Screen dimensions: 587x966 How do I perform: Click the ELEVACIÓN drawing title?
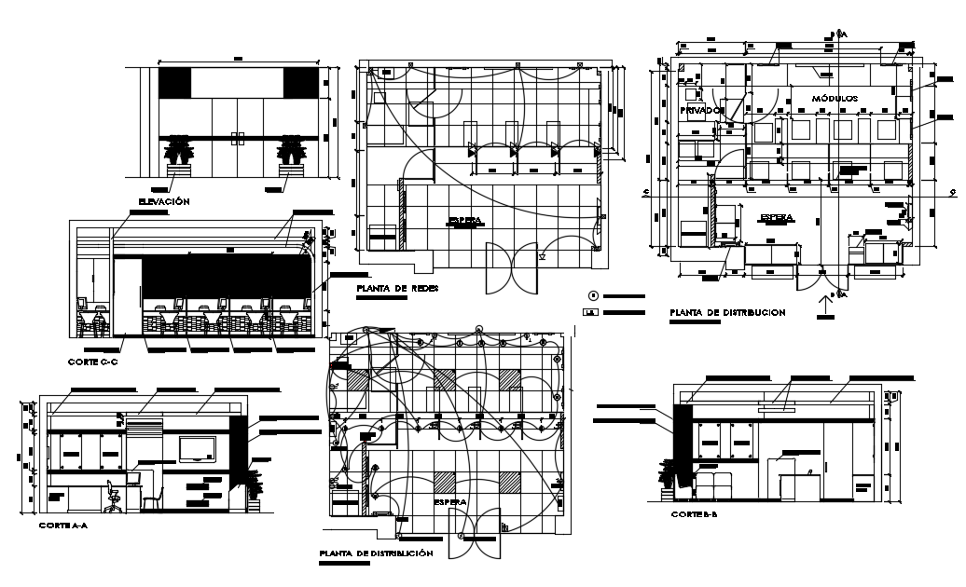pyautogui.click(x=164, y=201)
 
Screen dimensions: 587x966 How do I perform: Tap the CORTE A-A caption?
pyautogui.click(x=63, y=526)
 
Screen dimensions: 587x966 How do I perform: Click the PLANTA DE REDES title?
pyautogui.click(x=397, y=289)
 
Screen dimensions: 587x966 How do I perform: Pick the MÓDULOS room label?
pyautogui.click(x=834, y=98)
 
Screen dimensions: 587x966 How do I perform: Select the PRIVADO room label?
pyautogui.click(x=700, y=110)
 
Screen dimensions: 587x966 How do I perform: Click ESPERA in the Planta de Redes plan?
pyautogui.click(x=465, y=221)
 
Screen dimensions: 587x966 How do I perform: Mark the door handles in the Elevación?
pyautogui.click(x=238, y=139)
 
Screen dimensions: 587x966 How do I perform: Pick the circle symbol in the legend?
pyautogui.click(x=593, y=295)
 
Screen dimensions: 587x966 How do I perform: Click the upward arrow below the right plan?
pyautogui.click(x=823, y=300)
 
